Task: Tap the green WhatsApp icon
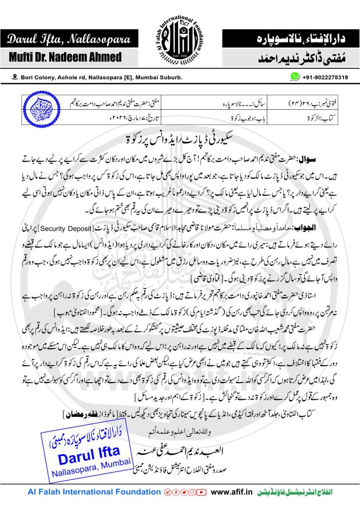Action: (295, 77)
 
